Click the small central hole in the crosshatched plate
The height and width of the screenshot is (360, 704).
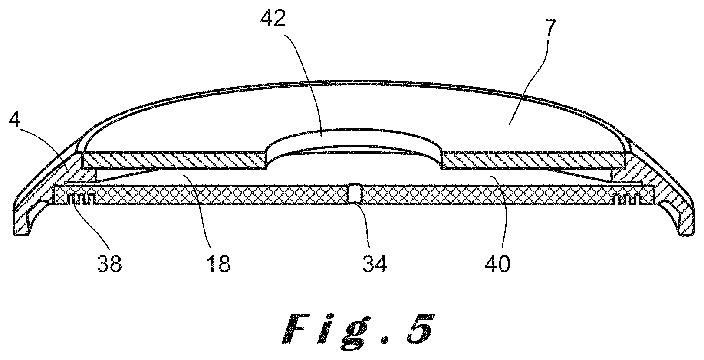pos(355,194)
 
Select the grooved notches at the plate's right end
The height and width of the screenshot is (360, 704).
pos(627,200)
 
